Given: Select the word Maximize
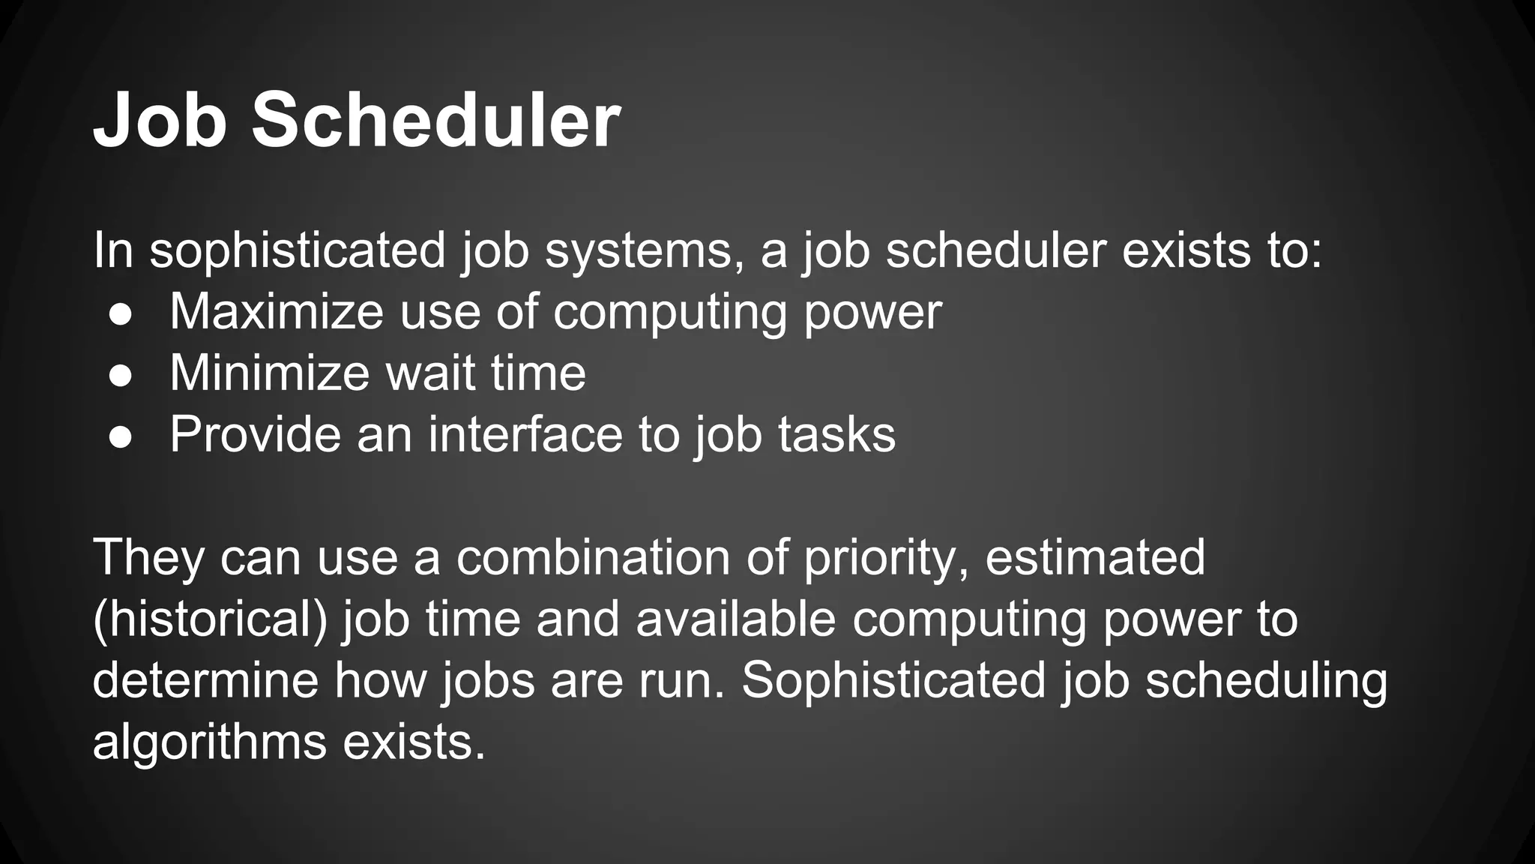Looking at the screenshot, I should pyautogui.click(x=276, y=310).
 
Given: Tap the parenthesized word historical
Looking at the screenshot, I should pyautogui.click(x=211, y=619).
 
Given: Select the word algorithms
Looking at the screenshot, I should pyautogui.click(x=210, y=742).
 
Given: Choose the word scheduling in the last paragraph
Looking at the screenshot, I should pyautogui.click(x=1266, y=681).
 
